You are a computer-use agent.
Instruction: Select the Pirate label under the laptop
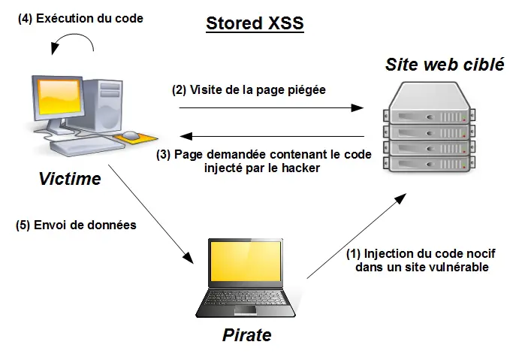tap(246, 335)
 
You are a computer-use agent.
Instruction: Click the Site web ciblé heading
tap(445, 64)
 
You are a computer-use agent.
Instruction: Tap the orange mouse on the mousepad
tap(131, 136)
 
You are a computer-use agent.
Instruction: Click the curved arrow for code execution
tap(74, 42)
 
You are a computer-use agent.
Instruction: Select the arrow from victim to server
tap(270, 108)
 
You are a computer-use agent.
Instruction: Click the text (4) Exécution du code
tap(80, 18)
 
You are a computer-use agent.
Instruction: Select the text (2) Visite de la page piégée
tap(249, 90)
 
